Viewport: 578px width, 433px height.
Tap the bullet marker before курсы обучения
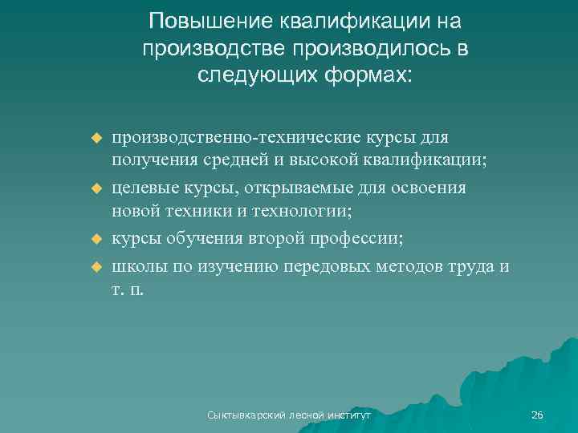coord(97,238)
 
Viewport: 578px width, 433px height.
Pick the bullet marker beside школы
coord(97,264)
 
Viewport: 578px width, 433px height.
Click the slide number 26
coord(537,415)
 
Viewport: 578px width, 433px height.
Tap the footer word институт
coord(346,415)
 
